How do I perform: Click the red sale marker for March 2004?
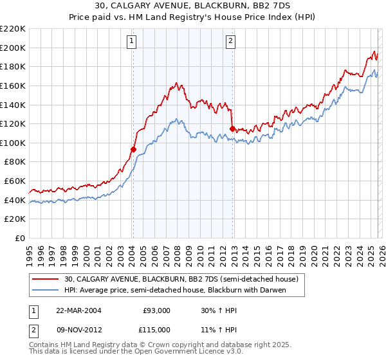point(134,149)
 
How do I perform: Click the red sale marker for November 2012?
point(232,129)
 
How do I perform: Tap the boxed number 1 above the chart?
point(131,42)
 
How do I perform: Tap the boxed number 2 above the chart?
point(230,42)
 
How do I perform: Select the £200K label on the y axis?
point(13,48)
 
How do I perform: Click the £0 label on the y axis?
point(19,238)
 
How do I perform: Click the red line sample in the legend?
point(46,280)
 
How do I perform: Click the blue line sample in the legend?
point(46,290)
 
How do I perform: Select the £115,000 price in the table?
point(156,329)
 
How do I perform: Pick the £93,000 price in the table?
point(156,310)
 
